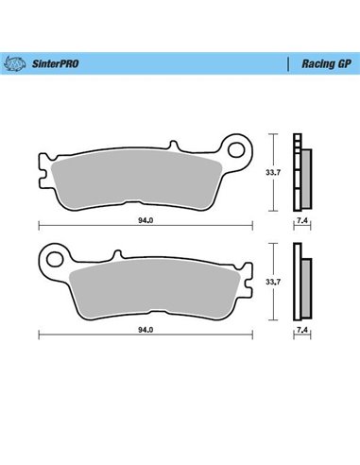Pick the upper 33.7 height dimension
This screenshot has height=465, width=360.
271,173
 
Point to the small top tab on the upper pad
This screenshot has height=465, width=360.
173,146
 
